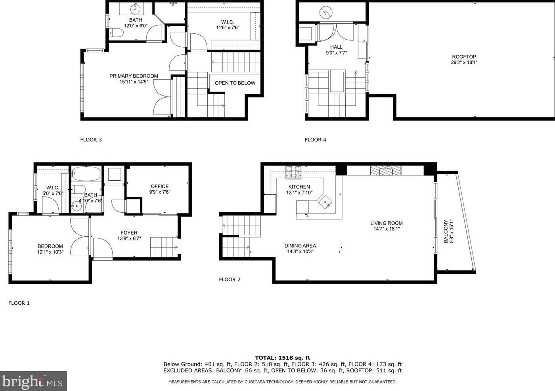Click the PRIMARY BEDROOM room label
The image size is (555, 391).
click(x=134, y=76)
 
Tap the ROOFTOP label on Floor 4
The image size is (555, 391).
click(x=464, y=57)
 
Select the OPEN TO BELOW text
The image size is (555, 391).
click(x=235, y=83)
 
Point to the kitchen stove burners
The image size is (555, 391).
click(x=294, y=172)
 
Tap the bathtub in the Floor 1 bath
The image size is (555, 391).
click(x=86, y=173)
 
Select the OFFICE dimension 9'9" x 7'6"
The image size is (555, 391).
click(x=160, y=192)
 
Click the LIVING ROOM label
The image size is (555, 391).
click(x=386, y=223)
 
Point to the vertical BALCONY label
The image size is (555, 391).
click(x=446, y=231)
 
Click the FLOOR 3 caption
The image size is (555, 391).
click(x=91, y=139)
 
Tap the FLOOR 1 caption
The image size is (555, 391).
click(x=19, y=303)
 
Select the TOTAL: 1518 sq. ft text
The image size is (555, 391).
click(x=282, y=358)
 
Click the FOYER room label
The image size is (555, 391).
click(x=129, y=233)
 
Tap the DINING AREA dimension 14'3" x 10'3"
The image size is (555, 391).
click(x=300, y=251)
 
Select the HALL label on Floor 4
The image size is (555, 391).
click(x=336, y=47)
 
